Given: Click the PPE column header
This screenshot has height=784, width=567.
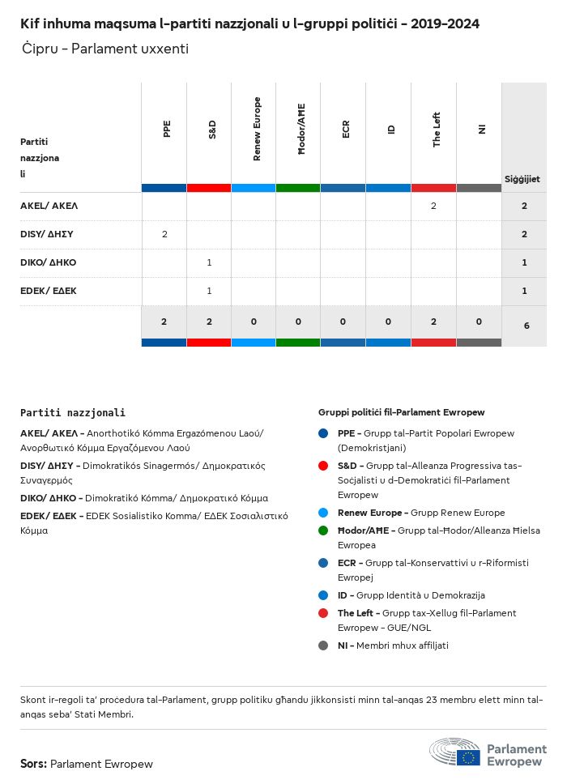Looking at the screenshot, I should tap(166, 129).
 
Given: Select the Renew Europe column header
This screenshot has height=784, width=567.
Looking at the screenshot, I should tap(257, 129).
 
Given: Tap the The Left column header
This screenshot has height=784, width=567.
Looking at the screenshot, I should tap(436, 129).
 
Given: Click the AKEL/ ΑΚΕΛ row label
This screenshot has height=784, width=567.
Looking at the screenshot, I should tap(49, 206).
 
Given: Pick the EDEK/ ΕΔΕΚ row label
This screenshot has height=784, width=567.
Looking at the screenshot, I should tap(49, 291).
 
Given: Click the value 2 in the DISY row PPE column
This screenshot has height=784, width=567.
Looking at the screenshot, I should tap(164, 234).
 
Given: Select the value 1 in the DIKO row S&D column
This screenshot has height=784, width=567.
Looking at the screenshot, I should tap(209, 262).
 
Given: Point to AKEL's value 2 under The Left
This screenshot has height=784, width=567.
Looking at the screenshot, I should tap(433, 206).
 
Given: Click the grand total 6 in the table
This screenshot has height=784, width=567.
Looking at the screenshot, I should tap(526, 326).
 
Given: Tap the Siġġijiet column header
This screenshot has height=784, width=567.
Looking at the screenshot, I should tap(522, 179).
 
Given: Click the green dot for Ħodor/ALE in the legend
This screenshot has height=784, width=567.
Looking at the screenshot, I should tap(323, 530).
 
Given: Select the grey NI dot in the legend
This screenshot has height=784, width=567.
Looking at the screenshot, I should tap(323, 646).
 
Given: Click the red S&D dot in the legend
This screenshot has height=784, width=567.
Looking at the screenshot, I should tap(323, 466).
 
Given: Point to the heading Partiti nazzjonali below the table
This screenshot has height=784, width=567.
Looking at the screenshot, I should tap(73, 412).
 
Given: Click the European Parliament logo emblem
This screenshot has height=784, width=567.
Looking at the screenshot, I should tap(455, 752).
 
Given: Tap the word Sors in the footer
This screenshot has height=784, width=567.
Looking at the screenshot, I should tap(33, 764).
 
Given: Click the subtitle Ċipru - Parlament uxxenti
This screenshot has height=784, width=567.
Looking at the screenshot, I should tap(105, 49).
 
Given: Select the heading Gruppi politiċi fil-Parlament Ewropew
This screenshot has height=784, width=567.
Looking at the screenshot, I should tap(401, 412).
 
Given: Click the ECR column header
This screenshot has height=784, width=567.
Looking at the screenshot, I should tap(346, 129).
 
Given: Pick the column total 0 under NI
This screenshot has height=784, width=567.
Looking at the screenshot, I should tap(479, 322).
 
